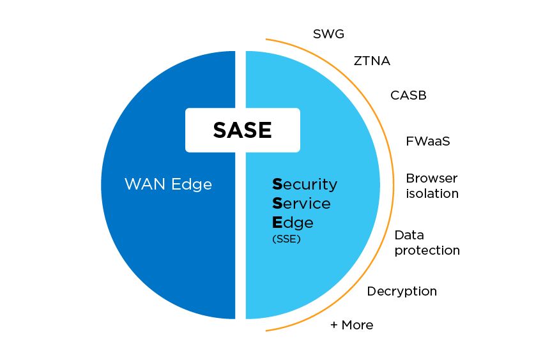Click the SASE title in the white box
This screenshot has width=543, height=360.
coord(242,130)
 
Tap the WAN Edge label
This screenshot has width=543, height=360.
coord(168,184)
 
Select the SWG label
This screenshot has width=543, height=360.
coord(328,33)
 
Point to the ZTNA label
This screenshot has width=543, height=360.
coord(372,61)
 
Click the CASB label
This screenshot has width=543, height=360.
coord(408,96)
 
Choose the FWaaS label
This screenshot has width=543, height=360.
coord(428,141)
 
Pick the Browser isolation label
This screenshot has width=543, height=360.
coord(432,186)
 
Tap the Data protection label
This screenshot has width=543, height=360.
coord(427,243)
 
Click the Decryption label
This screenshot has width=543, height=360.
coord(402,291)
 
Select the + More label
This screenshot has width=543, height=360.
coord(351,325)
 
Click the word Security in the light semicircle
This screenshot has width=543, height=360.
coord(305,184)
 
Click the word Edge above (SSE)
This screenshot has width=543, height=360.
coord(293,223)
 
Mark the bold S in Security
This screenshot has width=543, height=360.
coord(277,184)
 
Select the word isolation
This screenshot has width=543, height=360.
coord(432,193)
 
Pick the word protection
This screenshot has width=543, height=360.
coord(427,250)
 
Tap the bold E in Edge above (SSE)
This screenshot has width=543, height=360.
coord(277,222)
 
